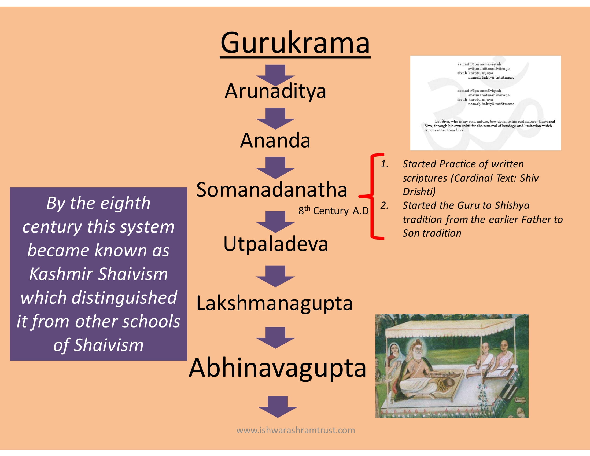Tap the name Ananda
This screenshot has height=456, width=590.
[x=275, y=140]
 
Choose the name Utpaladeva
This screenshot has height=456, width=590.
[x=275, y=244]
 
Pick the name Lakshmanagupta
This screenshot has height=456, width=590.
[x=274, y=303]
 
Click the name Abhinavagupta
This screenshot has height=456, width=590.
[x=278, y=368]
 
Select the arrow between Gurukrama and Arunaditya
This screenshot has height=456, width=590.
[x=275, y=75]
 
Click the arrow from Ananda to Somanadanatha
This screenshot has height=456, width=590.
[x=275, y=167]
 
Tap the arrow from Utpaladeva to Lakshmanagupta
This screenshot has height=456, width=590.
[x=275, y=276]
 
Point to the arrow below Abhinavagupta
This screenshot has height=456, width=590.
[x=278, y=407]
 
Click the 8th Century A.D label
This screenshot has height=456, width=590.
[x=333, y=210]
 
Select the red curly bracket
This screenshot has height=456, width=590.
[x=372, y=196]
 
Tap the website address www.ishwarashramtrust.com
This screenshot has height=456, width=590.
[x=296, y=430]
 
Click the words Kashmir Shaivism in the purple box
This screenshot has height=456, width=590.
[x=98, y=274]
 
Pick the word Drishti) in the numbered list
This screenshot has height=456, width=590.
[x=419, y=192]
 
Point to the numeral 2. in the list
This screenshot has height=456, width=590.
[x=384, y=205]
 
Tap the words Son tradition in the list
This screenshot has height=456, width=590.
[x=432, y=233]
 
